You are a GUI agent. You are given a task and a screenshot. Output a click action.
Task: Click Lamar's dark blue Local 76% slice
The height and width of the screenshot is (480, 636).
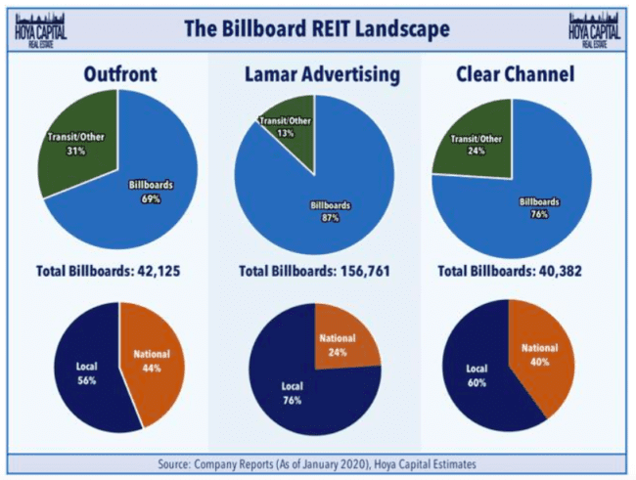(298, 391)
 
